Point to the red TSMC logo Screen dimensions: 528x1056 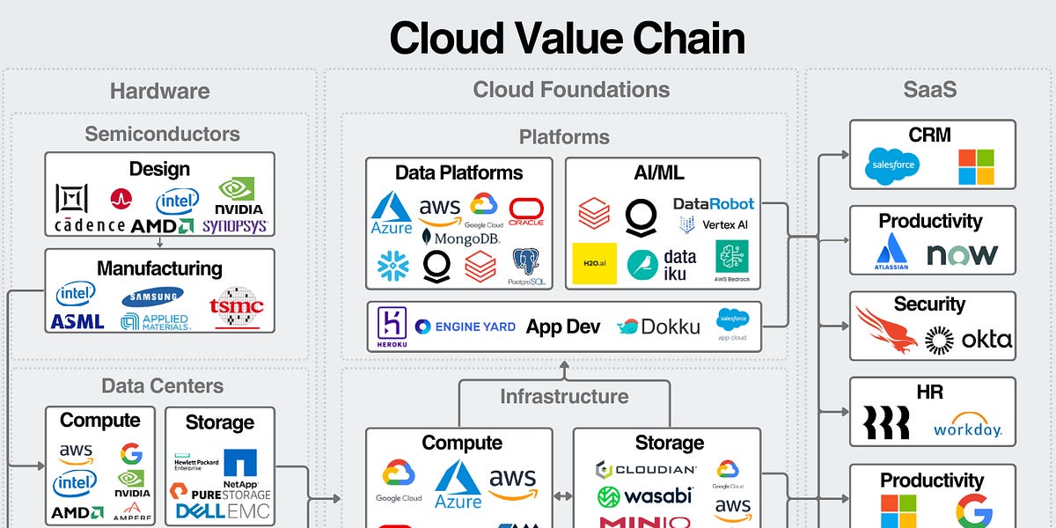coord(237,307)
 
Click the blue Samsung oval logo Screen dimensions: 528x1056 coord(153,297)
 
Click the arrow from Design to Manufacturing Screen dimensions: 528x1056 coord(159,242)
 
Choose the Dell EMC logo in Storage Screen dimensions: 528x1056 coord(224,510)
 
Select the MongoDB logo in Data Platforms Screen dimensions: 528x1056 coord(461,237)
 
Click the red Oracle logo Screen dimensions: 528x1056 coord(526,211)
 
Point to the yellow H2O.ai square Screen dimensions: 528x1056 coord(594,263)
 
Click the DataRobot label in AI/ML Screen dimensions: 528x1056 coord(714,203)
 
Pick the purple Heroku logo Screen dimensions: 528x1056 coord(390,326)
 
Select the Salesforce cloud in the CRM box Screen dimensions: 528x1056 coord(893,165)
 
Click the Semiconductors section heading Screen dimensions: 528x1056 coord(162,134)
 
